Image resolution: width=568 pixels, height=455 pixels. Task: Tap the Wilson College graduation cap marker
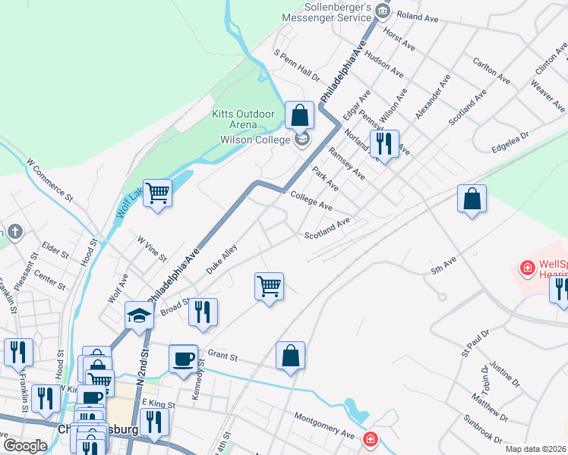coord(302,140)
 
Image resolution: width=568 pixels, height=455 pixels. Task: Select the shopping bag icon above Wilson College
coord(300,116)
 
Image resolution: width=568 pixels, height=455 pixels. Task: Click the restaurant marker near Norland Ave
coord(384,143)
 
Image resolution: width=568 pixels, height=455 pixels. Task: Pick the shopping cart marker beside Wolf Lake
coord(158,193)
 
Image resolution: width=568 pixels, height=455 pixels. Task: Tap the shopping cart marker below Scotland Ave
coord(269,287)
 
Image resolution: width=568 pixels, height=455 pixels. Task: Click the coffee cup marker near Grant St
coord(183,359)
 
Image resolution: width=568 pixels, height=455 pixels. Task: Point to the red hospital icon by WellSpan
coord(525,268)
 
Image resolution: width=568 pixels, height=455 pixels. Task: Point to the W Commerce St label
coord(49,179)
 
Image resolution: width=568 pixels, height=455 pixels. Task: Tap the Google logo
coord(25,446)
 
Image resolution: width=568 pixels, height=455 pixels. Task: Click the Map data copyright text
coord(535,449)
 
